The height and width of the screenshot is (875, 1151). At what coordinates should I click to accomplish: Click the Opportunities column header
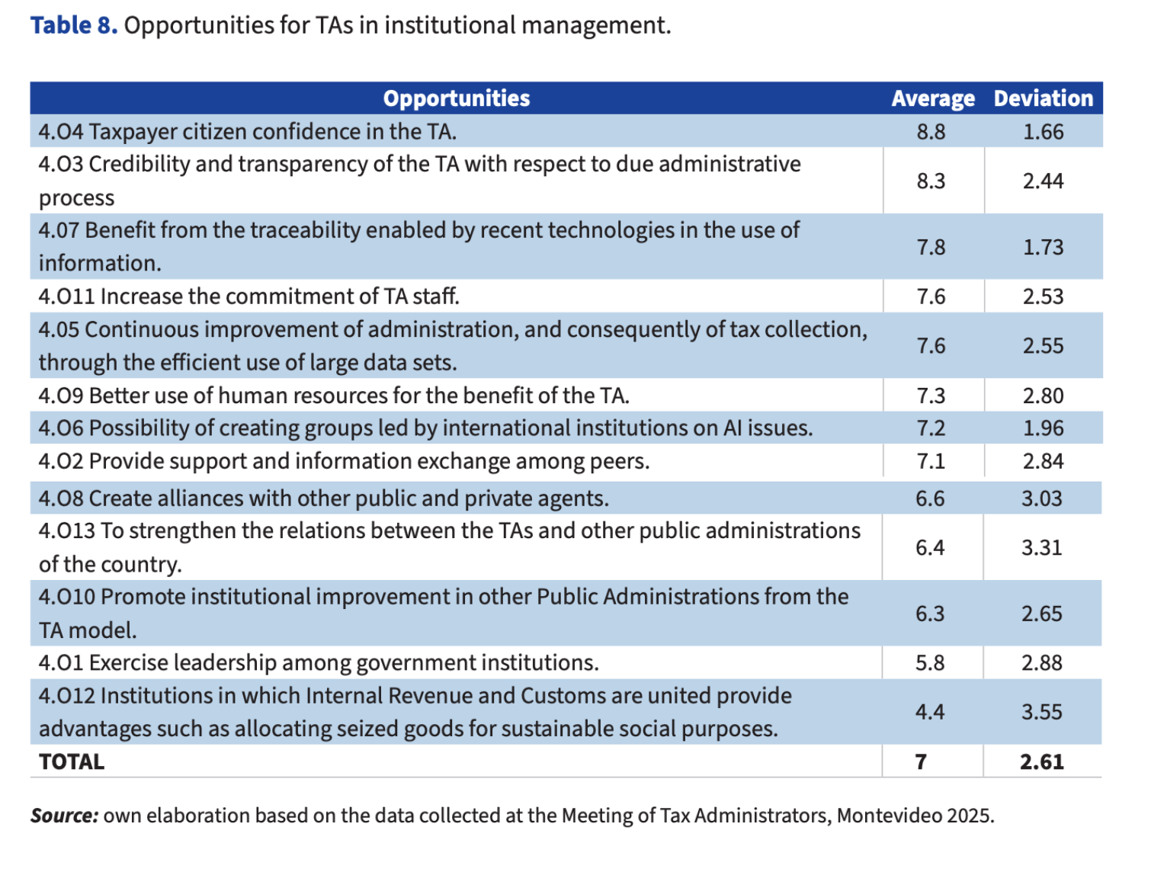(456, 98)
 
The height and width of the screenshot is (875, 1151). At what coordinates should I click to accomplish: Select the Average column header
(932, 98)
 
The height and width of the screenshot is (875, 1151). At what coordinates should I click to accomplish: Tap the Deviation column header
(1043, 98)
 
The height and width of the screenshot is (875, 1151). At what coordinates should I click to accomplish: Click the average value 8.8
(931, 132)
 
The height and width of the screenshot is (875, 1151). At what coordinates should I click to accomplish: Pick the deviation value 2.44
(1043, 181)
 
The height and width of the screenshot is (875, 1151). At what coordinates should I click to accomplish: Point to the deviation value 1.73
(1043, 247)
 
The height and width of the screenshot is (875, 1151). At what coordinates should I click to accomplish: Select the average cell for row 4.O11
(931, 296)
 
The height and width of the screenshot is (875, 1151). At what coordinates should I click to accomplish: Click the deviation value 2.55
(1043, 346)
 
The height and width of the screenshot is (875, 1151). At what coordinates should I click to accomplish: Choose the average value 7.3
(931, 396)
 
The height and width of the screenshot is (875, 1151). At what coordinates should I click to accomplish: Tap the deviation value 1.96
(1043, 428)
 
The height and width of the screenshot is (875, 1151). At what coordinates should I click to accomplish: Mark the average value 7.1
(931, 461)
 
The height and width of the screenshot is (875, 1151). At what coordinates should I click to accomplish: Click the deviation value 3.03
(1041, 498)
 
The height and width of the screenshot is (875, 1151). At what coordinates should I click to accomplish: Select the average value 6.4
(930, 547)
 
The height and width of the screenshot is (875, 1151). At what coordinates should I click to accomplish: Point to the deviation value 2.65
(1041, 614)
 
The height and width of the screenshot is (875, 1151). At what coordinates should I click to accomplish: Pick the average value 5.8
(930, 663)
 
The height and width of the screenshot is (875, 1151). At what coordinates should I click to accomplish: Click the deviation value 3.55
(1041, 712)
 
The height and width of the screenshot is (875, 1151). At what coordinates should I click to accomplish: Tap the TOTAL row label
(72, 762)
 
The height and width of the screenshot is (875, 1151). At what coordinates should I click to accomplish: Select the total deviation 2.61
(1041, 762)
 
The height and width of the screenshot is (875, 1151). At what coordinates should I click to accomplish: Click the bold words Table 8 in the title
(74, 25)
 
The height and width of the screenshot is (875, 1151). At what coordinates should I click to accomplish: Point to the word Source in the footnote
(64, 816)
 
